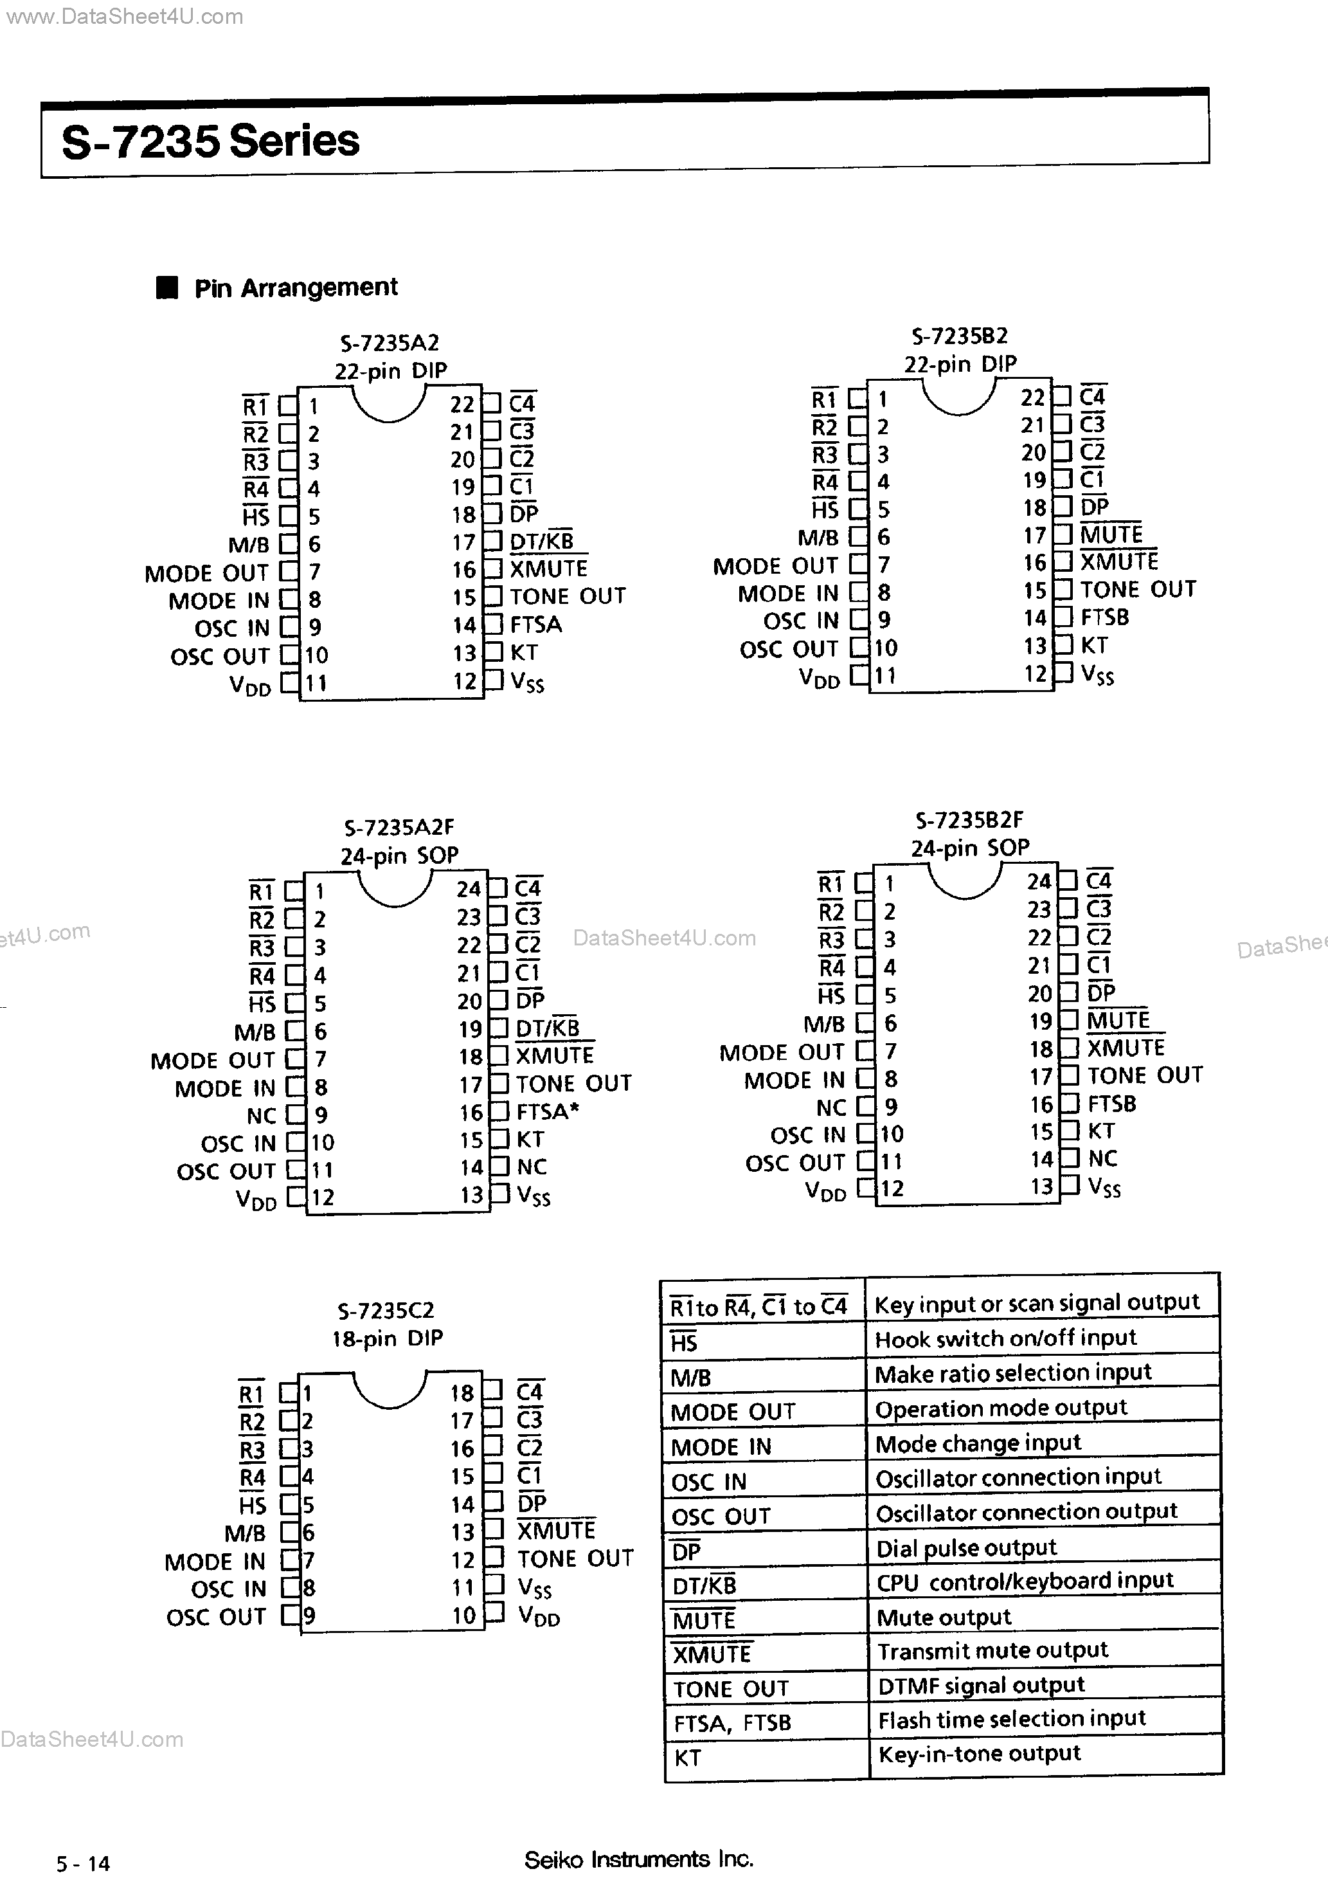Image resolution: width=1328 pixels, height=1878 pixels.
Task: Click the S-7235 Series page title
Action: [210, 141]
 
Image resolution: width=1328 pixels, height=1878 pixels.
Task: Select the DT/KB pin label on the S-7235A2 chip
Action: [541, 542]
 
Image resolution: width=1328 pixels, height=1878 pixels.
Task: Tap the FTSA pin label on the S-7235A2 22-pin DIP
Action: [535, 625]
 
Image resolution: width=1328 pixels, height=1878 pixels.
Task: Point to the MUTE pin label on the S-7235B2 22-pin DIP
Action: [1111, 535]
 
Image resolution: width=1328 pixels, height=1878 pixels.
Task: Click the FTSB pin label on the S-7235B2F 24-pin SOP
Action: [1111, 1104]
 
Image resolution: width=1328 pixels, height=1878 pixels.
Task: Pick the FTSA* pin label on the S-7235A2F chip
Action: [547, 1111]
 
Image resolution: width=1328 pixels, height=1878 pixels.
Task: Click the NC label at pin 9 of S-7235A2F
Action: [262, 1116]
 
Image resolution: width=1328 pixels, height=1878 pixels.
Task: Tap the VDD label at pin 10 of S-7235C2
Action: [539, 1617]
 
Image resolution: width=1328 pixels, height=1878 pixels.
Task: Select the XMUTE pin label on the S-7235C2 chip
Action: [556, 1530]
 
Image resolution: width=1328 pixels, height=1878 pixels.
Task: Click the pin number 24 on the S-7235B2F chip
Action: [1039, 882]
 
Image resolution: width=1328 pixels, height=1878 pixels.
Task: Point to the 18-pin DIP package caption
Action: [387, 1338]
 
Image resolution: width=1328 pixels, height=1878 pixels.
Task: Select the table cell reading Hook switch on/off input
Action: [1005, 1338]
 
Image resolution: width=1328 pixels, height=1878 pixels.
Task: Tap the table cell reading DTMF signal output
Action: [980, 1685]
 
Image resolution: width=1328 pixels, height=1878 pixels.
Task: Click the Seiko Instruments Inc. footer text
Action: [638, 1859]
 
